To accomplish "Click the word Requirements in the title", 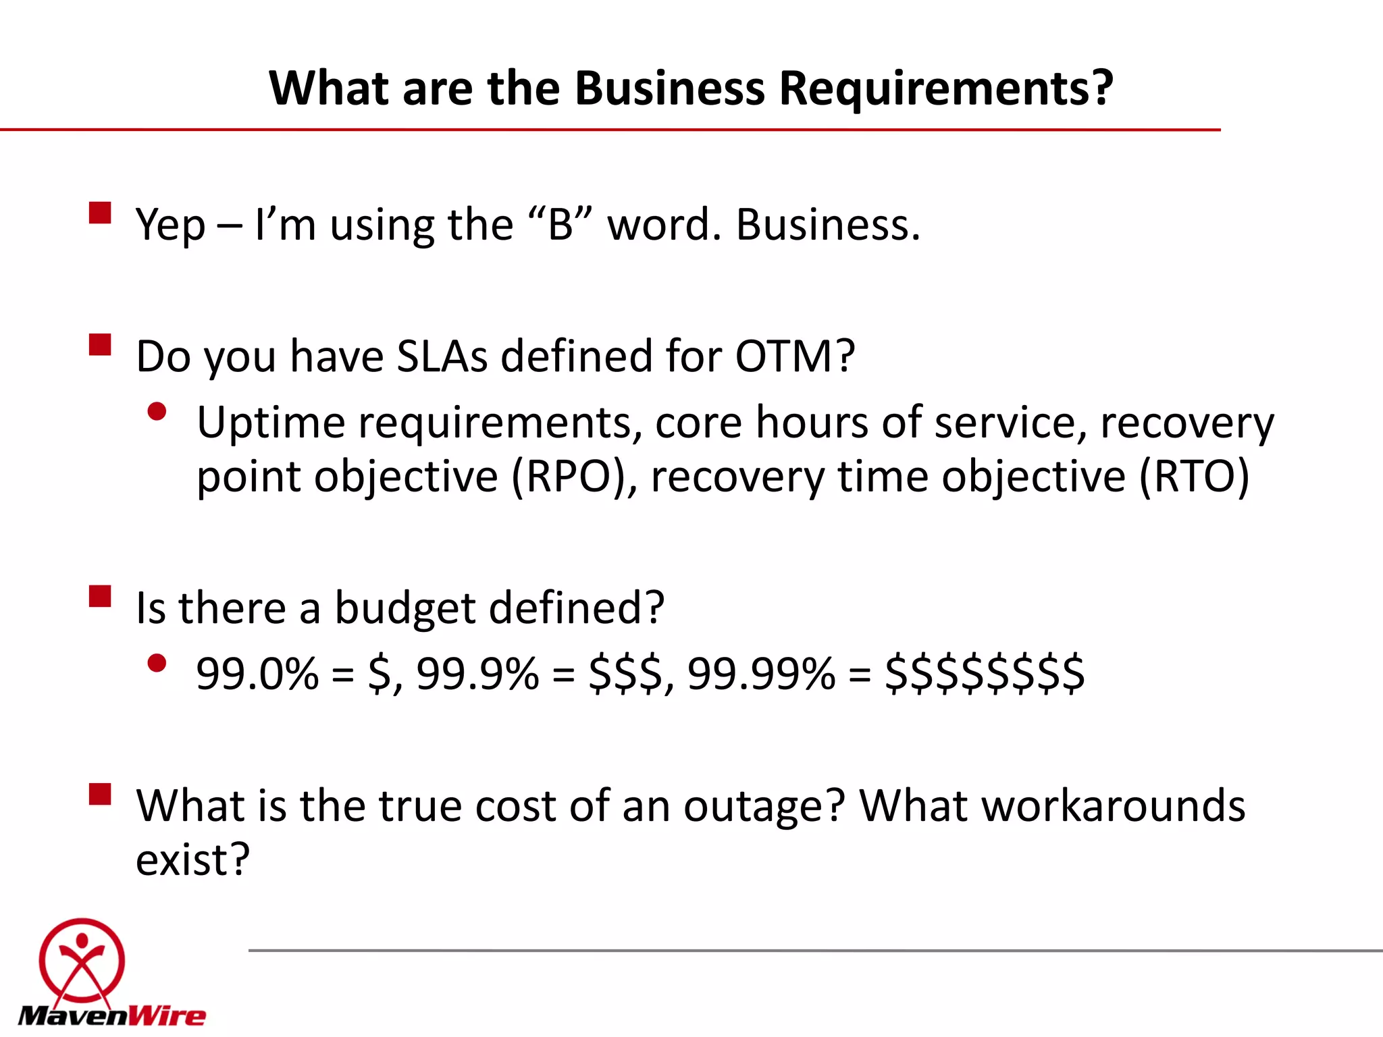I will [x=945, y=89].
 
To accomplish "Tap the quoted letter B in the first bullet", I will [x=560, y=224].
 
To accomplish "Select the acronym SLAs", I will [x=442, y=356].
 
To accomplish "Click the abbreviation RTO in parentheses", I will [x=1194, y=477].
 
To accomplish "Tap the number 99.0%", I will [x=257, y=674].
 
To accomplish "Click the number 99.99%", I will [x=761, y=674].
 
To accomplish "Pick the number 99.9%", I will [x=477, y=674].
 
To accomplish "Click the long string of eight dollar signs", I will [x=985, y=674].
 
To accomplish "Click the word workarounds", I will [x=1052, y=806].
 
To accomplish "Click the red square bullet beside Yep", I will [x=100, y=213].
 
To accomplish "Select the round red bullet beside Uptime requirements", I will [x=157, y=412].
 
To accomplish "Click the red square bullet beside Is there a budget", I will [x=100, y=597].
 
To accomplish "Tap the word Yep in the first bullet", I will [x=170, y=225].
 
